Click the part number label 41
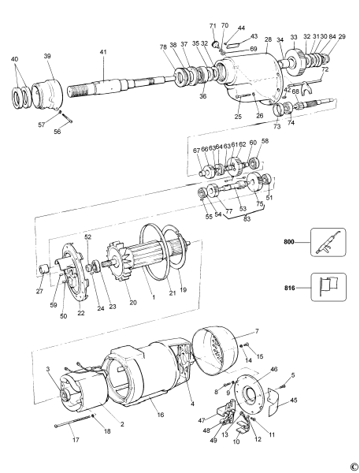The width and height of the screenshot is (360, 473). (102, 52)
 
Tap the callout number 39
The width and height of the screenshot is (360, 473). (47, 56)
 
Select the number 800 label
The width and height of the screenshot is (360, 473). (290, 242)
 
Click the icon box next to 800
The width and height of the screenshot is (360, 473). (328, 242)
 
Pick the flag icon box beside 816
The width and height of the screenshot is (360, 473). (328, 288)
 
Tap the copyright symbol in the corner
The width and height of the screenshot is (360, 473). (354, 466)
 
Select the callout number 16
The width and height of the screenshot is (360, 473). (161, 413)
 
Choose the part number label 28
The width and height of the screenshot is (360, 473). (268, 39)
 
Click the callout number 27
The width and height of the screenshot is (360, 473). (39, 290)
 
